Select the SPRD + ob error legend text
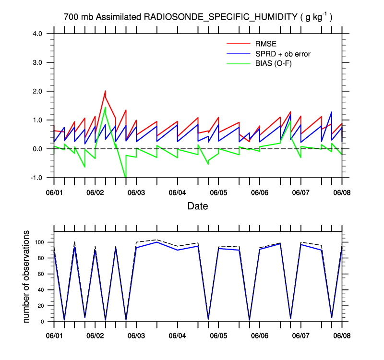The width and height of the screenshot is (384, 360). [x=283, y=54]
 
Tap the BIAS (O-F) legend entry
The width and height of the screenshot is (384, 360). [x=273, y=63]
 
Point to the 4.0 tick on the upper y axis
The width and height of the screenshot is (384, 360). [x=44, y=34]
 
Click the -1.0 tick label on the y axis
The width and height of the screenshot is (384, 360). [x=43, y=178]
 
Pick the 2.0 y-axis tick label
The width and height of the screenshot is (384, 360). [x=44, y=91]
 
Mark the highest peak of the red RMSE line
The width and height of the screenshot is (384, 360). [x=105, y=91]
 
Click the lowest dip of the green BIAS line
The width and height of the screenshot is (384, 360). [x=126, y=178]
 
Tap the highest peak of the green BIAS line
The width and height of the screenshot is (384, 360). [x=105, y=107]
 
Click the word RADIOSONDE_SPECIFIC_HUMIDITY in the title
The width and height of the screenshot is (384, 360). [x=221, y=17]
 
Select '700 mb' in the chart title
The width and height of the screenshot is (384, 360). [x=78, y=17]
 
